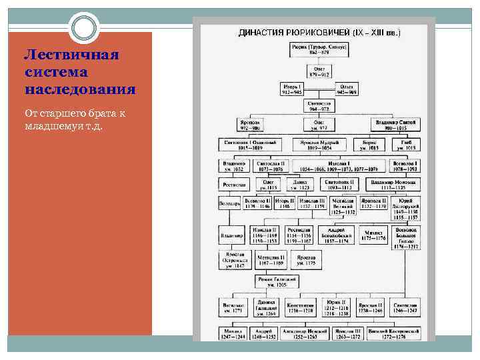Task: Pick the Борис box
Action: click(370, 145)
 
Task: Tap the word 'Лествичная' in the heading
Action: click(71, 55)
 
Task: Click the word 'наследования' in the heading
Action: click(79, 89)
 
